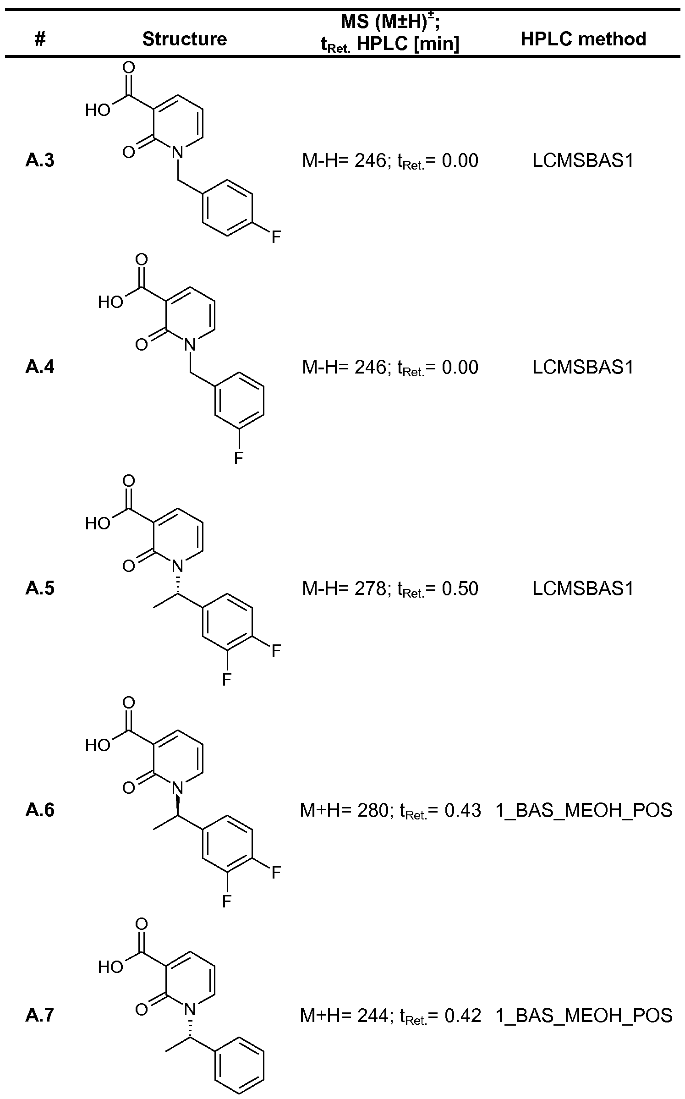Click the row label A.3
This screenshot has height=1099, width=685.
click(x=40, y=161)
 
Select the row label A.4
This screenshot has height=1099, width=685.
click(x=40, y=367)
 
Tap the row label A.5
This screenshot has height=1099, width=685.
click(x=40, y=588)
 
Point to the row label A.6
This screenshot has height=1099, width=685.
click(x=40, y=810)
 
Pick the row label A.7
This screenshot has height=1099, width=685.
click(x=40, y=1015)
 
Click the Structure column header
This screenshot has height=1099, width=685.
click(x=184, y=39)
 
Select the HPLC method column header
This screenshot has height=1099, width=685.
click(x=583, y=39)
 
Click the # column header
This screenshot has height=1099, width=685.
click(x=40, y=39)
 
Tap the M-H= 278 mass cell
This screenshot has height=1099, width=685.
click(x=390, y=588)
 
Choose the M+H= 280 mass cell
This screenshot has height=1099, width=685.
click(x=390, y=810)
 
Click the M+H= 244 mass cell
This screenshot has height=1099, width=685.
click(x=390, y=1015)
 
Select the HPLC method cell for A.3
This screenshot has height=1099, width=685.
click(x=583, y=161)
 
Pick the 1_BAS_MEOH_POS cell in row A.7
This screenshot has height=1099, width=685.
click(x=584, y=1015)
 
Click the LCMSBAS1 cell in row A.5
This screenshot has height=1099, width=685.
click(x=583, y=588)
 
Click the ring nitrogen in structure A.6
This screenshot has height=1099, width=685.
click(x=178, y=787)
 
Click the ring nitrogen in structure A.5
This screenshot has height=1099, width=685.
click(x=178, y=566)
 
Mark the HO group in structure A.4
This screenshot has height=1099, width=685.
click(x=110, y=302)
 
